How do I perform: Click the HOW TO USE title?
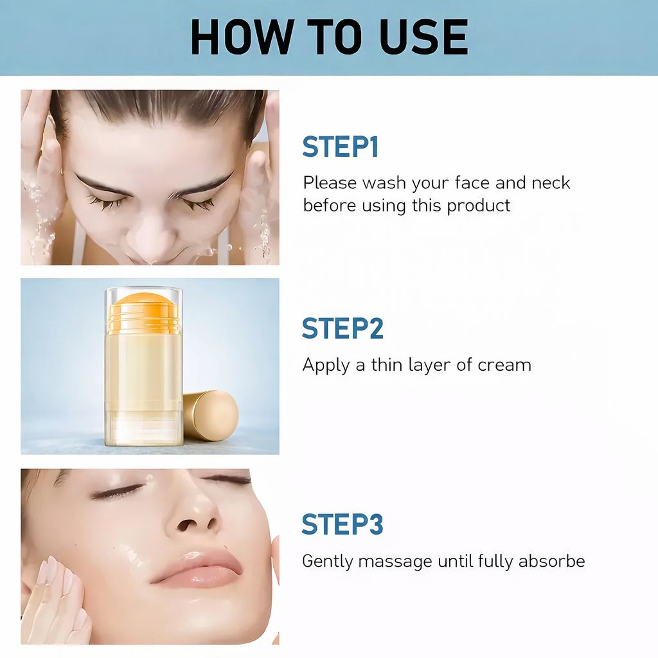[x=329, y=38]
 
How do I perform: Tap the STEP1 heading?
[x=341, y=147]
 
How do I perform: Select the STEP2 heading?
[x=342, y=328]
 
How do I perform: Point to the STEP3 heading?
[x=342, y=524]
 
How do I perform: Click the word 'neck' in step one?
[x=551, y=183]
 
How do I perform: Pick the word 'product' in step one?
[x=479, y=206]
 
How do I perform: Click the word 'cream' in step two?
[x=504, y=366]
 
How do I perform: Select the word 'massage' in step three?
[x=395, y=561]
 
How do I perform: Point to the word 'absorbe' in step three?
[x=551, y=561]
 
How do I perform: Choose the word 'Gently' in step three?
[x=328, y=562]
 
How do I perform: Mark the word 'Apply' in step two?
[x=325, y=366]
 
